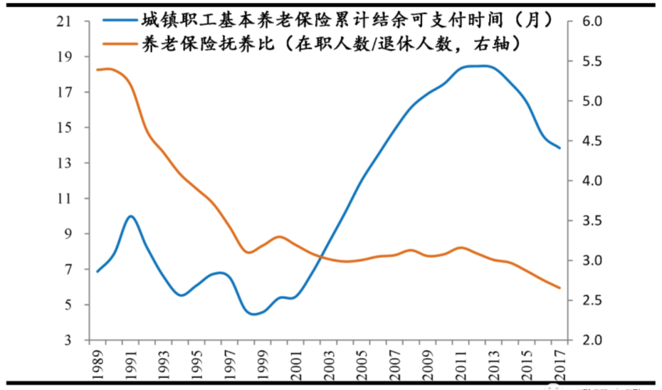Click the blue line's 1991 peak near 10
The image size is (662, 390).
(130, 216)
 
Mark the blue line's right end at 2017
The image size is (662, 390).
(560, 148)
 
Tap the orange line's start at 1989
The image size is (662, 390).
(97, 69)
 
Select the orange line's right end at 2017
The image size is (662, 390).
(560, 288)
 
